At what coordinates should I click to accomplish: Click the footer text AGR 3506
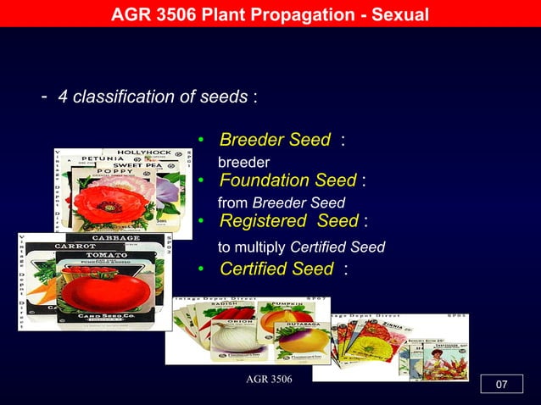(x=268, y=378)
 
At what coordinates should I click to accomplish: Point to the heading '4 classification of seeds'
(x=153, y=97)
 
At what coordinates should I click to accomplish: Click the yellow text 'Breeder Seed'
(x=275, y=140)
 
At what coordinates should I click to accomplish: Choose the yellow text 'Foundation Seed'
(x=287, y=180)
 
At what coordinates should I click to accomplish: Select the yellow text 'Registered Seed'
(x=288, y=221)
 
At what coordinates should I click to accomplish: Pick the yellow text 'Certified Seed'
(x=276, y=269)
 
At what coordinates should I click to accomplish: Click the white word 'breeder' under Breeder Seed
(x=244, y=162)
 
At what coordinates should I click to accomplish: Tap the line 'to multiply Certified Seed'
(x=301, y=247)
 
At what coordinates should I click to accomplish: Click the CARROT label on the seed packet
(x=75, y=247)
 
